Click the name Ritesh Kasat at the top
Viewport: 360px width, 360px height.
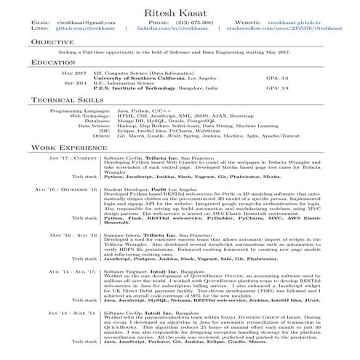(x=180, y=10)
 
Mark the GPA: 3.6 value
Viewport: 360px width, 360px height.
(x=276, y=77)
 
